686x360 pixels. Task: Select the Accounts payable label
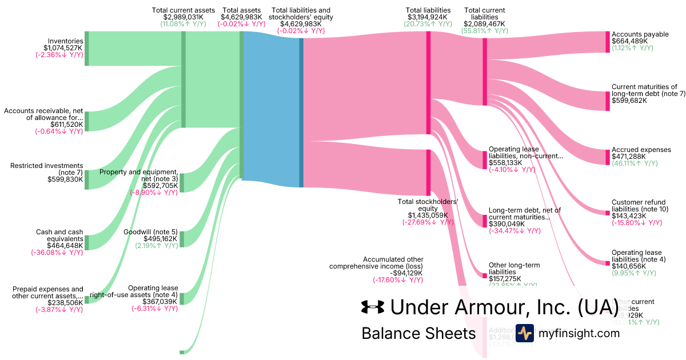(640, 34)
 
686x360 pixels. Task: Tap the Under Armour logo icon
(373, 307)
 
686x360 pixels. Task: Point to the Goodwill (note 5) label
(150, 232)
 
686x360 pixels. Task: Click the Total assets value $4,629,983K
(241, 17)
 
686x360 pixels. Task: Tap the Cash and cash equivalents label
(59, 235)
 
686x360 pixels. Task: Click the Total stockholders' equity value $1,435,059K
(428, 215)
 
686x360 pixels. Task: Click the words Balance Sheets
(418, 333)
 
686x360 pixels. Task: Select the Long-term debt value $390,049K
(507, 224)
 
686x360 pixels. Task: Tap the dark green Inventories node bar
(87, 49)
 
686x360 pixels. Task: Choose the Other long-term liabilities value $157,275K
(506, 279)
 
